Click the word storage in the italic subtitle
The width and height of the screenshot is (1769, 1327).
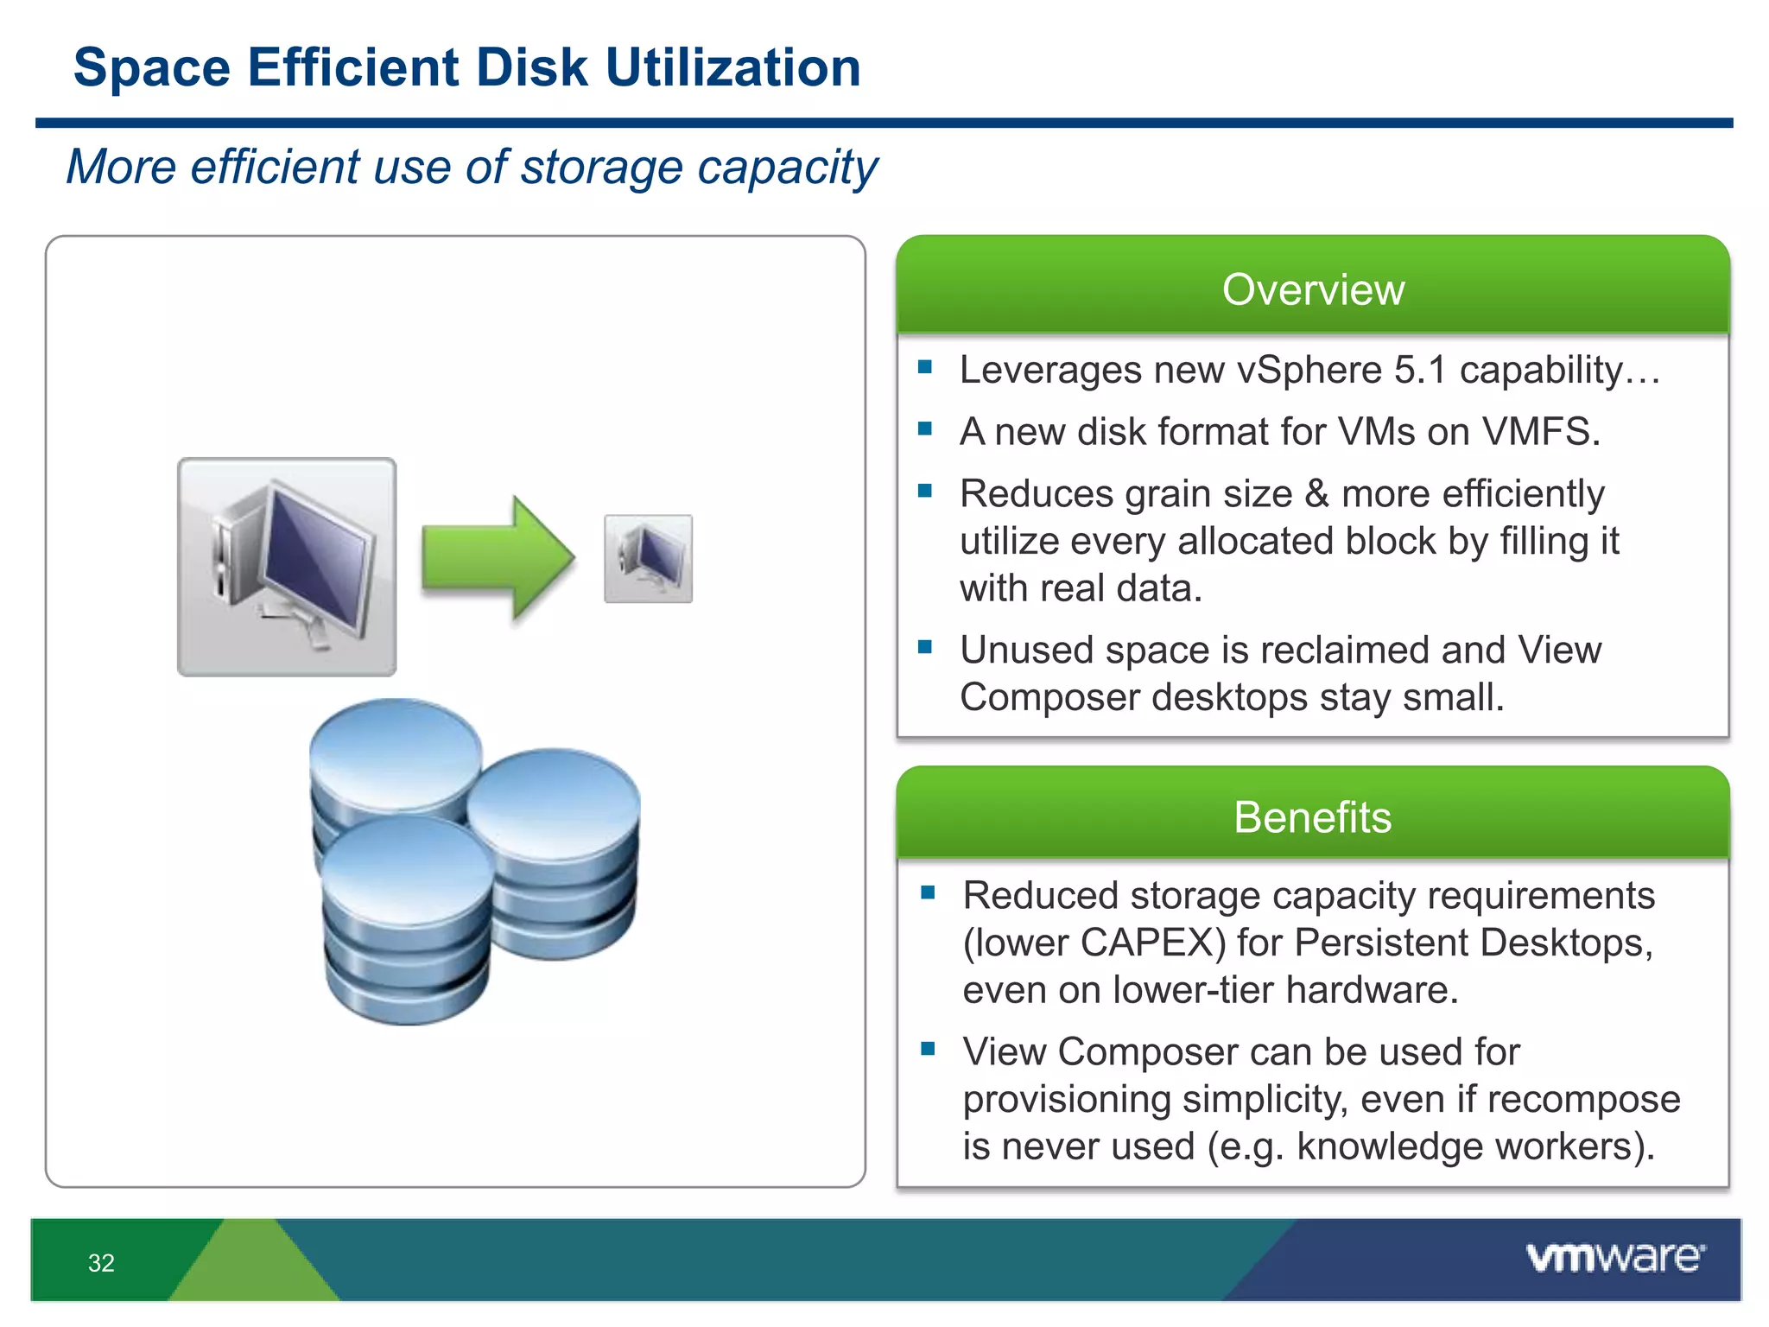tap(601, 167)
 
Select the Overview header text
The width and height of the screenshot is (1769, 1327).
tap(1313, 289)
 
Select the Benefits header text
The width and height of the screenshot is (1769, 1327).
tap(1313, 817)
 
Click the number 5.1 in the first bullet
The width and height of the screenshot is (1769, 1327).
tap(1419, 370)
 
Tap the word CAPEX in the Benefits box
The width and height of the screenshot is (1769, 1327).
tap(1152, 943)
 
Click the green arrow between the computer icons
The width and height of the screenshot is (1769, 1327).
tap(498, 557)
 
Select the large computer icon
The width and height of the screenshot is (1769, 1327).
tap(287, 567)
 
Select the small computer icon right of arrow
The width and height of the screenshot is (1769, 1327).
tap(648, 559)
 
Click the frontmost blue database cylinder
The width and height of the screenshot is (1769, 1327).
tap(406, 924)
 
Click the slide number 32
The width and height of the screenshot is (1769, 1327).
tap(101, 1263)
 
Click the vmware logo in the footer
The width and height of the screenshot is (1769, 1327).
tap(1615, 1258)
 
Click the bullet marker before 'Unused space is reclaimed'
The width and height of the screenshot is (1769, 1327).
tap(925, 647)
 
